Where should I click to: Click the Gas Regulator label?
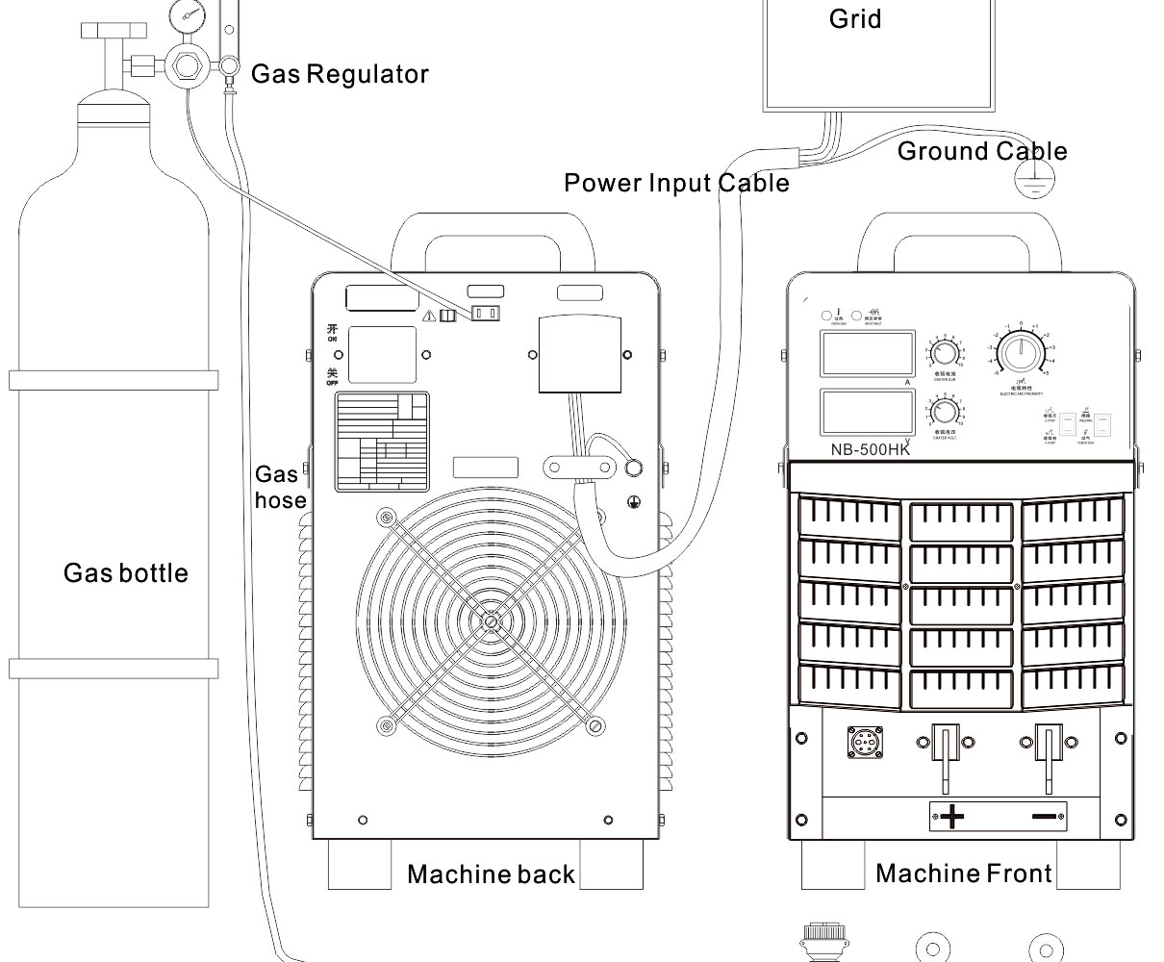[x=340, y=74]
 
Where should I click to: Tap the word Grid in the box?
[x=854, y=19]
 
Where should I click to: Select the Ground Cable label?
[x=981, y=151]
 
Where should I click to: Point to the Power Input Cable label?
[x=675, y=183]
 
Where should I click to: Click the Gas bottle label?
[x=125, y=573]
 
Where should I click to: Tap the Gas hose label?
[x=280, y=487]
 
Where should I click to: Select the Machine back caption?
[x=491, y=874]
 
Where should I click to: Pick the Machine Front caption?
[x=963, y=873]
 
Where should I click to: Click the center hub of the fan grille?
[x=491, y=620]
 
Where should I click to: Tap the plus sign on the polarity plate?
[x=952, y=818]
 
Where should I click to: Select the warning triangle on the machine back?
[x=429, y=315]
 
